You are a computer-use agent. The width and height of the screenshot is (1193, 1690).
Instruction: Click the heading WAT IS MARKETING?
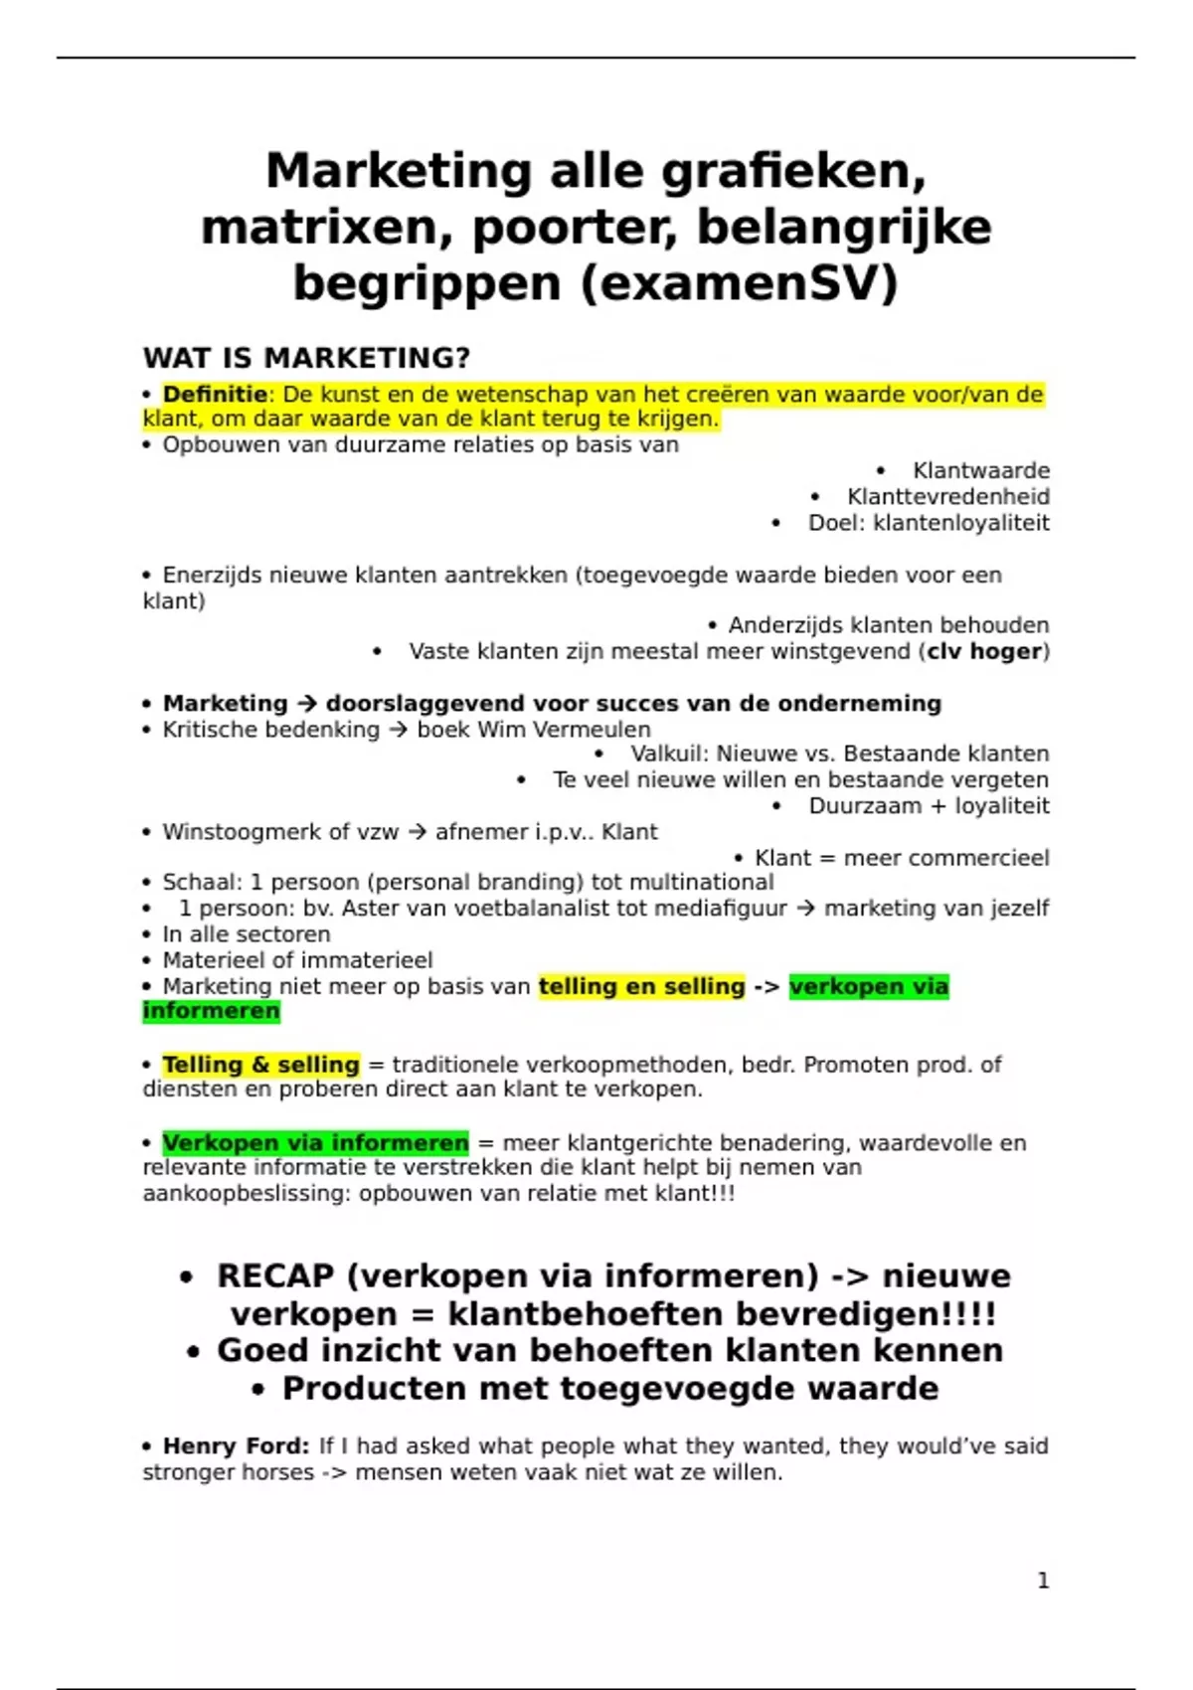(x=306, y=358)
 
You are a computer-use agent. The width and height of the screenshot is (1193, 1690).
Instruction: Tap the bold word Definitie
(x=215, y=395)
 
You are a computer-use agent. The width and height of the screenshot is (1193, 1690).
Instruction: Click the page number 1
(x=1043, y=1581)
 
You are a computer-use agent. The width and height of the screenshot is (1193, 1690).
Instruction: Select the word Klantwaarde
(x=980, y=471)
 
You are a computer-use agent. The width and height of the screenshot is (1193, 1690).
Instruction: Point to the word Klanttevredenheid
(x=947, y=497)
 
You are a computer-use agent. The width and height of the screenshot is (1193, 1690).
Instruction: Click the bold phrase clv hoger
(x=984, y=652)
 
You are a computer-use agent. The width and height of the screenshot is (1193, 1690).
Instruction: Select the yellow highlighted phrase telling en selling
(x=641, y=987)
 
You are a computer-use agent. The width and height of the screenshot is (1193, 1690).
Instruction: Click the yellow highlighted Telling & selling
(x=260, y=1065)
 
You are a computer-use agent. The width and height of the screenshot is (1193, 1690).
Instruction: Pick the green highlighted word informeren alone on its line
(x=211, y=1011)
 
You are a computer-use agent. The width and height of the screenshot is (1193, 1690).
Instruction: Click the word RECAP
(x=275, y=1276)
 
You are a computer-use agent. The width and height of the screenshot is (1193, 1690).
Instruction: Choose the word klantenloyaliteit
(x=960, y=523)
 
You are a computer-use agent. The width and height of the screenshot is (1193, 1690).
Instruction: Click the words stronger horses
(x=228, y=1472)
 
